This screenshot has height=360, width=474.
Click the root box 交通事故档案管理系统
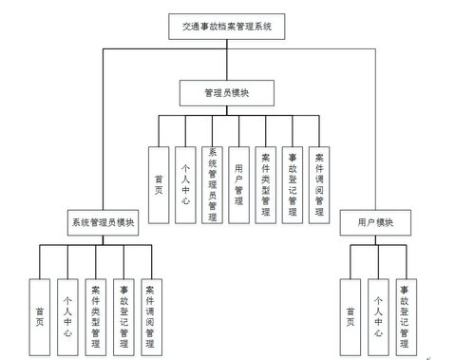[226, 28]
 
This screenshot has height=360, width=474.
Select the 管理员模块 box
[227, 93]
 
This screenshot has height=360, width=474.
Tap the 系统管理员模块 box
[104, 225]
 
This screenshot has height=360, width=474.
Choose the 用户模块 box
[378, 225]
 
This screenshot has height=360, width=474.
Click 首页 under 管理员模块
[158, 184]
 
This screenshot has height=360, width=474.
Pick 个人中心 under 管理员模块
[185, 184]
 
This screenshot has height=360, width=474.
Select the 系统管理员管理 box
[212, 184]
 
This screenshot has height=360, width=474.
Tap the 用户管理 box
[239, 184]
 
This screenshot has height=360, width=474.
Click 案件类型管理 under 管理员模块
[267, 184]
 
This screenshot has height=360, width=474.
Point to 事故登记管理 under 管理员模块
[294, 184]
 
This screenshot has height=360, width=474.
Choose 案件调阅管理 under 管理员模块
[321, 184]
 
